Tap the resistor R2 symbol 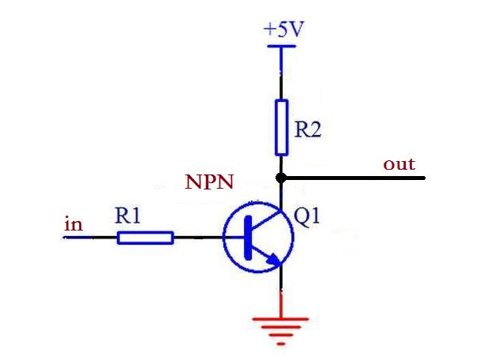pyautogui.click(x=281, y=127)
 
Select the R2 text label pyautogui.click(x=308, y=129)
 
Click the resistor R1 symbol pyautogui.click(x=145, y=237)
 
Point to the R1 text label pyautogui.click(x=128, y=215)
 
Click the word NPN pyautogui.click(x=209, y=182)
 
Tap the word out pyautogui.click(x=399, y=164)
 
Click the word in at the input pyautogui.click(x=73, y=224)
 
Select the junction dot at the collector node pyautogui.click(x=281, y=177)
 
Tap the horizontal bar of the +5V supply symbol pyautogui.click(x=281, y=46)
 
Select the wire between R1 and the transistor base pyautogui.click(x=197, y=237)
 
